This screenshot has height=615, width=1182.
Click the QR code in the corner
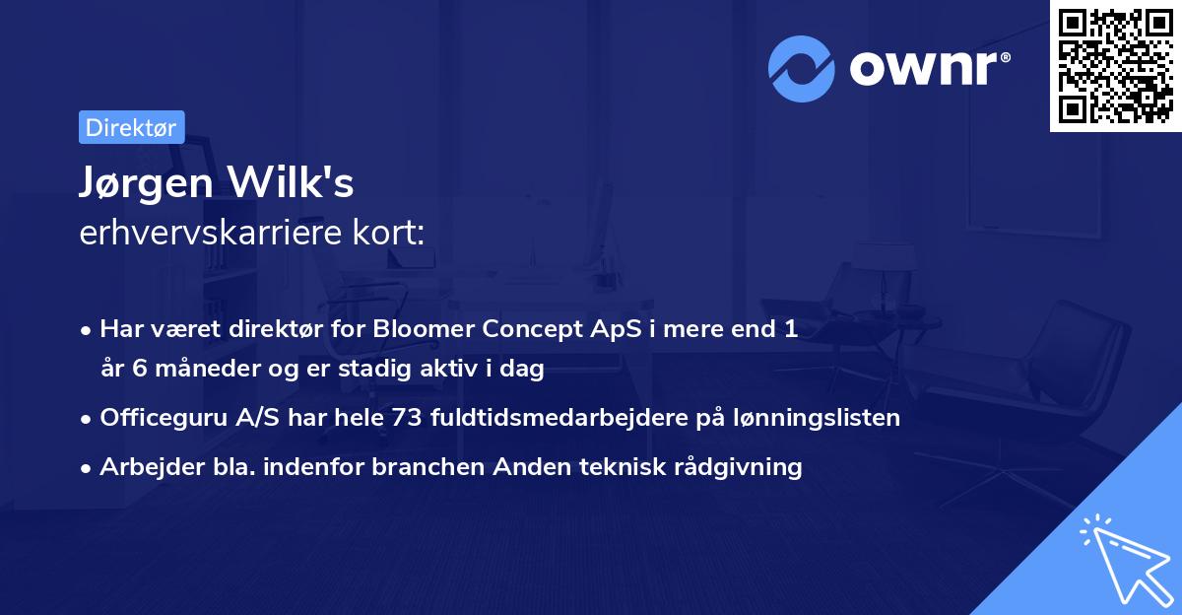1115,66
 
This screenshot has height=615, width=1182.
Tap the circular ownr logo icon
801,68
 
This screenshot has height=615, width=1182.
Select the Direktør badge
131,127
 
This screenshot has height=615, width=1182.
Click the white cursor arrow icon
1122,558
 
